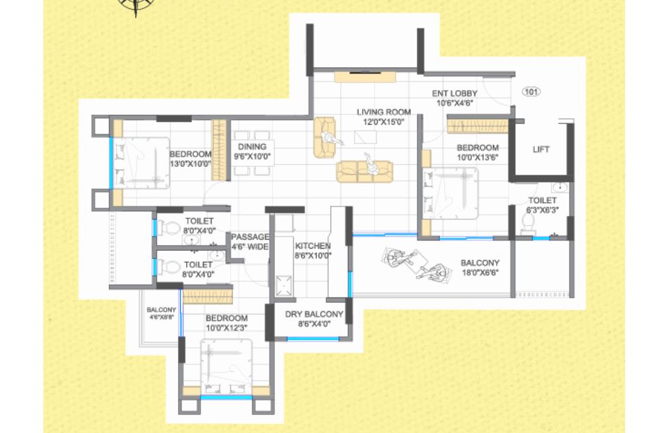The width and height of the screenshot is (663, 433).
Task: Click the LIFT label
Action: [541, 149]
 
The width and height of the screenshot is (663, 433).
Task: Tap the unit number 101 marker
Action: [531, 91]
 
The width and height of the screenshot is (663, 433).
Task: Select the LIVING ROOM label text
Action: [384, 112]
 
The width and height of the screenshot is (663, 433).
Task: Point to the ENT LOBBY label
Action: [454, 94]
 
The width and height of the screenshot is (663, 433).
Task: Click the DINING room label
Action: [252, 147]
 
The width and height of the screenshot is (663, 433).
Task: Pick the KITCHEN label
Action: [313, 246]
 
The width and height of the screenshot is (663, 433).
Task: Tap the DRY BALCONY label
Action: [314, 314]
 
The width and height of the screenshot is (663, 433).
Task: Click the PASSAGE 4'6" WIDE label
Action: [250, 242]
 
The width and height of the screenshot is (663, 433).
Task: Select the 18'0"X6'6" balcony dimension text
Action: [480, 273]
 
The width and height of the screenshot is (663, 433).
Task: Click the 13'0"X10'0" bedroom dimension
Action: [191, 164]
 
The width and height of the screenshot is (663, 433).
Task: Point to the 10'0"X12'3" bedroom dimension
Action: [227, 328]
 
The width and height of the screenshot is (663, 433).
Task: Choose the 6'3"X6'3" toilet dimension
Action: [542, 210]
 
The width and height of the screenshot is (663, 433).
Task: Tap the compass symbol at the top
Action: [135, 4]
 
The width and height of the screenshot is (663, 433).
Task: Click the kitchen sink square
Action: [283, 285]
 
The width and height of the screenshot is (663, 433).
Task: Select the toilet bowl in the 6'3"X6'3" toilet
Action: [528, 223]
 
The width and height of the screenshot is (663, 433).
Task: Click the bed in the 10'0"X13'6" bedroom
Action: [451, 193]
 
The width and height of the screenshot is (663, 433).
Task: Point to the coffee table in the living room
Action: [365, 137]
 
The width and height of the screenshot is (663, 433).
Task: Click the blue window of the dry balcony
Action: [313, 339]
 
